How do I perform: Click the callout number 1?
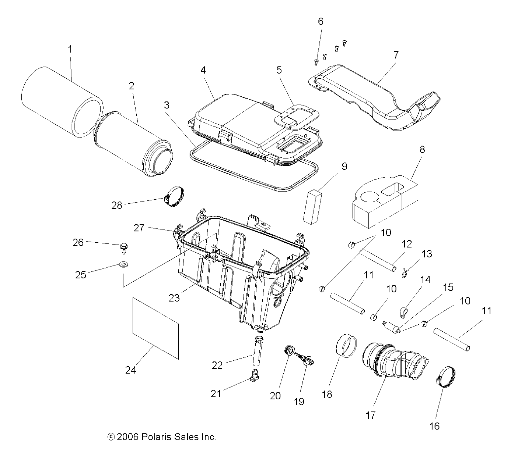[x=70, y=49]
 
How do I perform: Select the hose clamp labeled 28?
[x=175, y=196]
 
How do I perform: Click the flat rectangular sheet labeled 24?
[x=155, y=328]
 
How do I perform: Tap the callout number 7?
[x=396, y=55]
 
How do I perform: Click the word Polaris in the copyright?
[x=153, y=437]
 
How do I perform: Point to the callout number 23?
[x=174, y=297]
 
